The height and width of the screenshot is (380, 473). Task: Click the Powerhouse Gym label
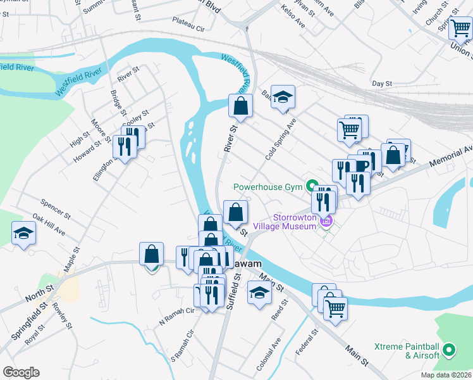click(268, 187)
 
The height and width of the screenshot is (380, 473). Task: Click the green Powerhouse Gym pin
click(312, 186)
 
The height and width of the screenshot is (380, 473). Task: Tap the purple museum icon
click(326, 221)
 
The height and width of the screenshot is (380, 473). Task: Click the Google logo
click(21, 372)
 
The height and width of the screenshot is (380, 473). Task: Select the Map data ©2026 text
click(446, 375)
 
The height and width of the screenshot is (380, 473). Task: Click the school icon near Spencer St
click(24, 233)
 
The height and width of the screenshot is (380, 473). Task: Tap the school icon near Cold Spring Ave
click(283, 97)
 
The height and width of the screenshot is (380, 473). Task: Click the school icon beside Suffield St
click(259, 293)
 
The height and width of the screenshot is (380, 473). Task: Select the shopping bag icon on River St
click(240, 106)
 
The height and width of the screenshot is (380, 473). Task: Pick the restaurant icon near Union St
click(460, 28)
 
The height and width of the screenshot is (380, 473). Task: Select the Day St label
click(383, 83)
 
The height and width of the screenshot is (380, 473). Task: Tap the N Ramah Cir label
click(178, 316)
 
